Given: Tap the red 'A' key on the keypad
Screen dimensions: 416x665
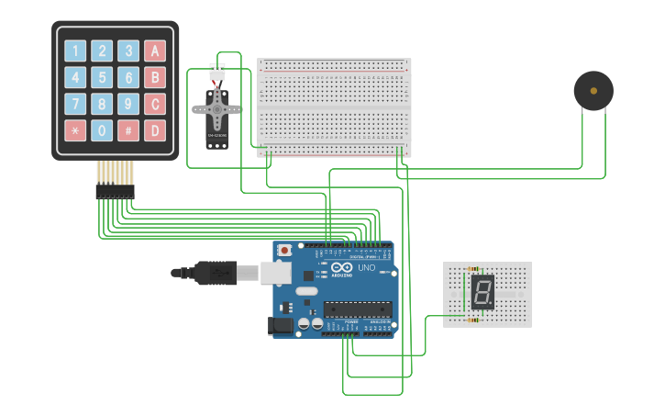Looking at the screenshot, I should tap(155, 51).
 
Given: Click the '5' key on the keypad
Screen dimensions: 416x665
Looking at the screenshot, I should tap(102, 78).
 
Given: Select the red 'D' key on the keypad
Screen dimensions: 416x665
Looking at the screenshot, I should tap(155, 130).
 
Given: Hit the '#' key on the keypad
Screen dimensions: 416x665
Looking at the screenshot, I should tap(128, 130).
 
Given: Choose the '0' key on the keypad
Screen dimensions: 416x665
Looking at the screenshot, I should tap(102, 130).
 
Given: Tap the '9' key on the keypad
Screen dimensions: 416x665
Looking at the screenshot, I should tap(128, 104).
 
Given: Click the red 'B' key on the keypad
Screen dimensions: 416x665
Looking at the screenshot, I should tap(155, 78).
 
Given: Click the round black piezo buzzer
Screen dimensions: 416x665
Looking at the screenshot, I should tap(593, 91).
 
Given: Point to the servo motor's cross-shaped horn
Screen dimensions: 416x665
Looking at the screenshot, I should tap(216, 109).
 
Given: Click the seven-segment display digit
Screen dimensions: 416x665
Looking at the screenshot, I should tap(482, 292).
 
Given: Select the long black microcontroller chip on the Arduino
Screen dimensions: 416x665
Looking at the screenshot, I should tap(357, 309).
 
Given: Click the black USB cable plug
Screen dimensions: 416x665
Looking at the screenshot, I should tap(213, 272).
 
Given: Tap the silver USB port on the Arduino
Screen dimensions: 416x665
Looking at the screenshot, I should tap(275, 272).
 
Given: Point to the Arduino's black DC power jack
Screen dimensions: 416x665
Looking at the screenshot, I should tap(281, 325).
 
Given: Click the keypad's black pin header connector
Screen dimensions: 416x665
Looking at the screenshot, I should tap(115, 191).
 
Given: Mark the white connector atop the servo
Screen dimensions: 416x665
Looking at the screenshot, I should tap(217, 72).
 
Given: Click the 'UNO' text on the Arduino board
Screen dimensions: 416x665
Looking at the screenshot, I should tap(365, 268).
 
